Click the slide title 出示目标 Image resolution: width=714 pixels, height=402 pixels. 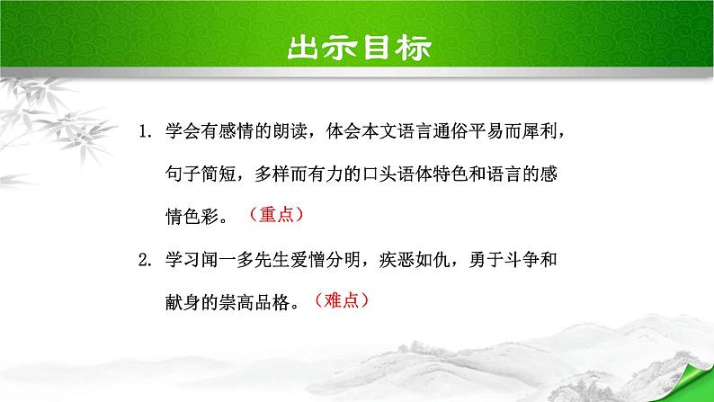click(x=357, y=47)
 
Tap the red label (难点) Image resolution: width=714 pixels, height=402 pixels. click(x=342, y=300)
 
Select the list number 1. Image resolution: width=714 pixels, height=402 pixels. click(x=147, y=132)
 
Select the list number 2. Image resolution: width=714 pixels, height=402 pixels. click(x=147, y=262)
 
